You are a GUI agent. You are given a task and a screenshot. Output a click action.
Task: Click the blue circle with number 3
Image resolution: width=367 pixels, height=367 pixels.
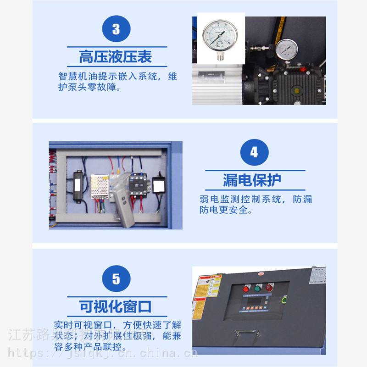pos(116,29)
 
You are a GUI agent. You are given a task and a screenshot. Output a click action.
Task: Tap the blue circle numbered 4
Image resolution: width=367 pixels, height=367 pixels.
pos(254,152)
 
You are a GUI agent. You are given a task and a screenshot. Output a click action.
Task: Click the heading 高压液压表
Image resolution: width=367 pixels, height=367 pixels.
pos(116,57)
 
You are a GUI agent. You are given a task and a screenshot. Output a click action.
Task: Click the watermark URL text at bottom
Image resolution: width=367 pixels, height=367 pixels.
pos(103,353)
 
